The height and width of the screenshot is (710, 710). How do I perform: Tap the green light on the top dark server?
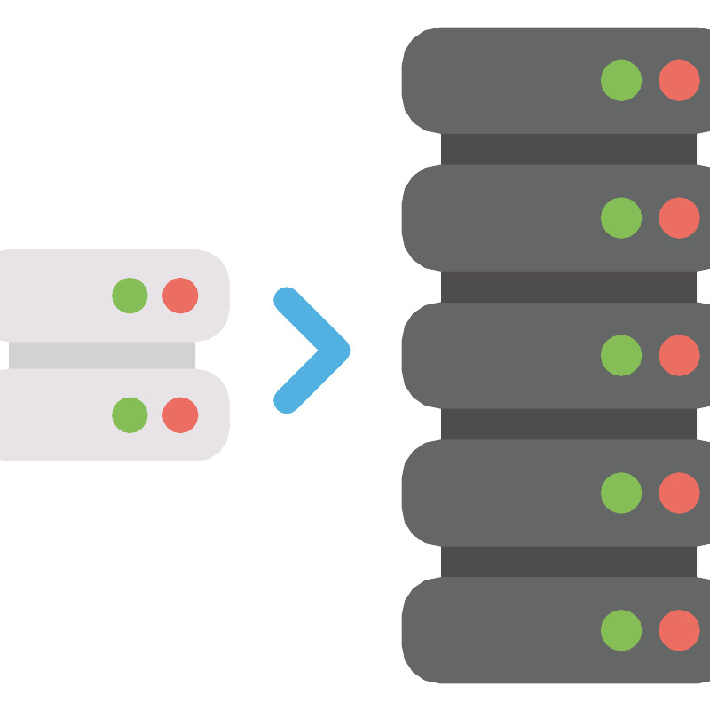(x=621, y=80)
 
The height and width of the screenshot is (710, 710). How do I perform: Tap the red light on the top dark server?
(x=679, y=80)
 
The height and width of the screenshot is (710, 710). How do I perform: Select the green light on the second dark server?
(x=621, y=217)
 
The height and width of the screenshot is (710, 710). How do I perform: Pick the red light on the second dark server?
(x=679, y=217)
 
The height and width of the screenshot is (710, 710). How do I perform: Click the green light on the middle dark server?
(x=621, y=355)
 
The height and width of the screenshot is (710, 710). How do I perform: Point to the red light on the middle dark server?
(x=679, y=355)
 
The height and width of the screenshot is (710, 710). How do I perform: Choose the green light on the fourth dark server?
(x=621, y=493)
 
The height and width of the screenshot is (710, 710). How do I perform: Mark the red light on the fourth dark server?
(x=679, y=493)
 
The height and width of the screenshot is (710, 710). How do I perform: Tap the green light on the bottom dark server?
(x=621, y=630)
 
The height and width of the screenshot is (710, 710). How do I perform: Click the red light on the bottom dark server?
(x=679, y=630)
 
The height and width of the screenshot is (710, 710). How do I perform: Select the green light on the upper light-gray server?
(x=130, y=296)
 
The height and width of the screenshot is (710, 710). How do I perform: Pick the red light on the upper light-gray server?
(x=180, y=296)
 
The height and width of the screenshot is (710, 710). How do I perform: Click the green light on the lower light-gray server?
(x=130, y=414)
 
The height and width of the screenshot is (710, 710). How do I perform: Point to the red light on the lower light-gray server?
(x=180, y=414)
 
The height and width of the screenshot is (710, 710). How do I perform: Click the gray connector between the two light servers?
(x=102, y=355)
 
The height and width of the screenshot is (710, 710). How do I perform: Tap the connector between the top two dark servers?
(x=568, y=149)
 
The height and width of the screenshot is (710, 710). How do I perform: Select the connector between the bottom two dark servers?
(x=568, y=561)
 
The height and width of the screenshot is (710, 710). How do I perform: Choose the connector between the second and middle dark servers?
(x=568, y=286)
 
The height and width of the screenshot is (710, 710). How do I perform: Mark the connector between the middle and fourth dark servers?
(x=568, y=423)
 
